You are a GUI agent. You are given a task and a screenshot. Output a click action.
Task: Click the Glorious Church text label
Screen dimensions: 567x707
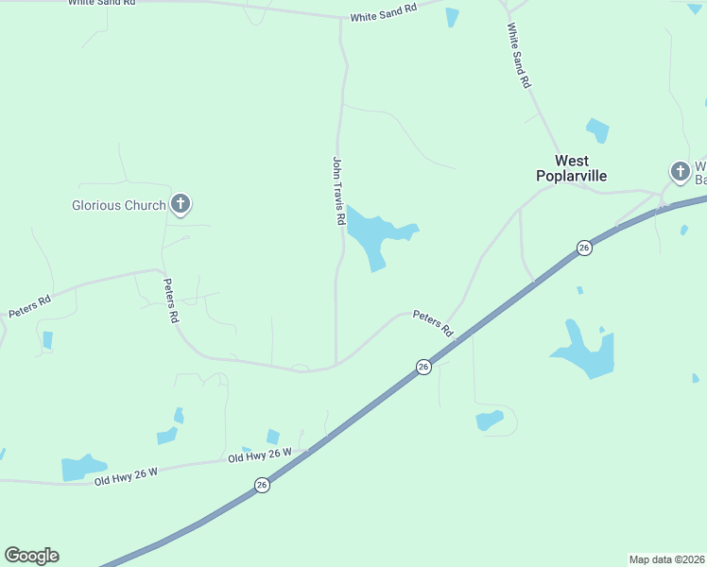(x=119, y=204)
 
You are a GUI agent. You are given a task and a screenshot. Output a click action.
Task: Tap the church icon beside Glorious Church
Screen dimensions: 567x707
(x=181, y=204)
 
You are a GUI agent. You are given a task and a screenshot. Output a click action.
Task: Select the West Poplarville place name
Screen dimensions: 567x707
(x=571, y=168)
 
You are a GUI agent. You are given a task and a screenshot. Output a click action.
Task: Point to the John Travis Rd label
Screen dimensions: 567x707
(x=337, y=191)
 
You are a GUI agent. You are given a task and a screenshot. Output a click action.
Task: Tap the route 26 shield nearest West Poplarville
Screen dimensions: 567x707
(x=584, y=248)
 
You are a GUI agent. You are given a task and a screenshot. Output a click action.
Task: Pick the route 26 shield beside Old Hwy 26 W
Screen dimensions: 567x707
(x=261, y=485)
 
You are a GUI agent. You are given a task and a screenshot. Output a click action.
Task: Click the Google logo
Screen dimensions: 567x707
(x=31, y=556)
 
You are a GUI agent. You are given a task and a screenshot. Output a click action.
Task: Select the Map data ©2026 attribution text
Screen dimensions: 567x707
(x=667, y=559)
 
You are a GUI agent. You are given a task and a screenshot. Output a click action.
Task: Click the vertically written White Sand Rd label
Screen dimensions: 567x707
(x=519, y=56)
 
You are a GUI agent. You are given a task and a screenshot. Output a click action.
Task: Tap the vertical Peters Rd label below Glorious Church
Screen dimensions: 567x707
(x=170, y=301)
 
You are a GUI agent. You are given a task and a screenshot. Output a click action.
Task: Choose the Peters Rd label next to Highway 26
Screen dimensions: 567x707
(x=433, y=323)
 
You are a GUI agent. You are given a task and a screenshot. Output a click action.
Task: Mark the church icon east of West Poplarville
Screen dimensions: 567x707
(x=680, y=172)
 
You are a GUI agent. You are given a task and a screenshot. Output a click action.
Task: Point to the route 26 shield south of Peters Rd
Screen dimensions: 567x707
(x=423, y=366)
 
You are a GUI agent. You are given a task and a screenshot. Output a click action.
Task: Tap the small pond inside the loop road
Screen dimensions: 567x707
(x=490, y=420)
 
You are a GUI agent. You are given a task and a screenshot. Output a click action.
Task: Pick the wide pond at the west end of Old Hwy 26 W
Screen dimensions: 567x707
(x=81, y=468)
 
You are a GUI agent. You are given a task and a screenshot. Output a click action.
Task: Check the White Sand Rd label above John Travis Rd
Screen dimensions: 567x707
(x=383, y=13)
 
